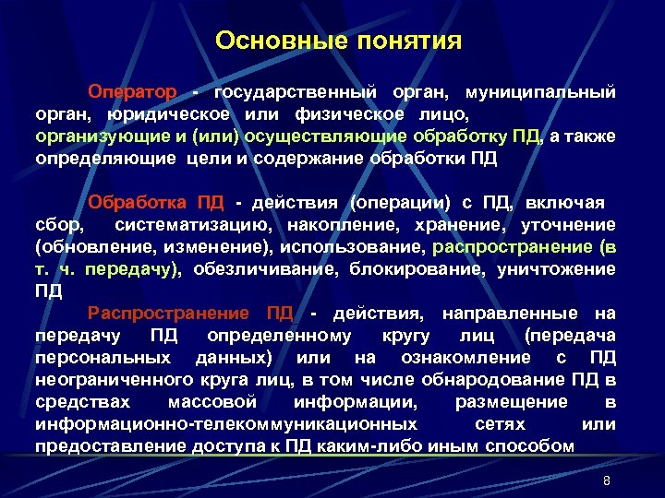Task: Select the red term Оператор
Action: pos(131,93)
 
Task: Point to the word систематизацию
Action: pos(194,224)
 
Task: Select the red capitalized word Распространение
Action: pos(169,314)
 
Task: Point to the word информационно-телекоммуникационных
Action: pos(225,424)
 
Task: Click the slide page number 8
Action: pos(607,481)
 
